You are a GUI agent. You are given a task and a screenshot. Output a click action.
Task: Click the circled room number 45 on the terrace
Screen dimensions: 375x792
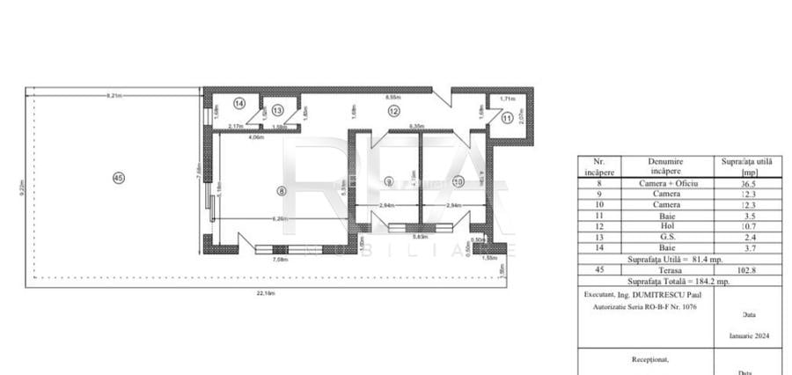[119, 178]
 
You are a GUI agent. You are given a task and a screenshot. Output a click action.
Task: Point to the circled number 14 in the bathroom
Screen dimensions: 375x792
[238, 103]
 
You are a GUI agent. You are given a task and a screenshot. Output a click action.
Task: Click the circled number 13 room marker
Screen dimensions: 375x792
[277, 111]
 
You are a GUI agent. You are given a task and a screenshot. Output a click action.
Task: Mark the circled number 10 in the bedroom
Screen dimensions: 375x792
[458, 182]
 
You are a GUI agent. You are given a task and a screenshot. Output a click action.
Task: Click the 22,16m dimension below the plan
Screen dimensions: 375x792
[265, 293]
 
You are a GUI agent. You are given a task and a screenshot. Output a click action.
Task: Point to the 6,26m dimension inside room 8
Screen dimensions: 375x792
[281, 219]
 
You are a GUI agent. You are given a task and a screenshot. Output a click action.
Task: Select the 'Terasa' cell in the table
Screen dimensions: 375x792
[665, 270]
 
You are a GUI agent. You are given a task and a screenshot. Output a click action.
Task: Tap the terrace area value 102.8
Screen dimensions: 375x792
[746, 270]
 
